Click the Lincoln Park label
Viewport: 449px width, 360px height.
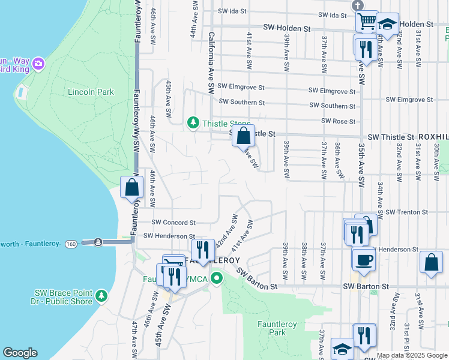coord(91,92)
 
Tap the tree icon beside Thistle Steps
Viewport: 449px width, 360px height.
coord(193,123)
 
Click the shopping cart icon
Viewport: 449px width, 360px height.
coord(366,22)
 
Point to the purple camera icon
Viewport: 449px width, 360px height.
coord(39,63)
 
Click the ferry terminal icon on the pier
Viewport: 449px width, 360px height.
coord(98,242)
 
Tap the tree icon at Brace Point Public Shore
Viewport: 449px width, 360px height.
coord(102,295)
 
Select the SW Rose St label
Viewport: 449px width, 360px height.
coord(339,121)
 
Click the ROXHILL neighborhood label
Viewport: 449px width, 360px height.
coord(433,137)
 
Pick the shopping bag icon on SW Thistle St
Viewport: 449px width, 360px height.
coord(243,136)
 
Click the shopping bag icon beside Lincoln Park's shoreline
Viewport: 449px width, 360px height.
coord(132,187)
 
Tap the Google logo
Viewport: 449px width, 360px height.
coord(20,353)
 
